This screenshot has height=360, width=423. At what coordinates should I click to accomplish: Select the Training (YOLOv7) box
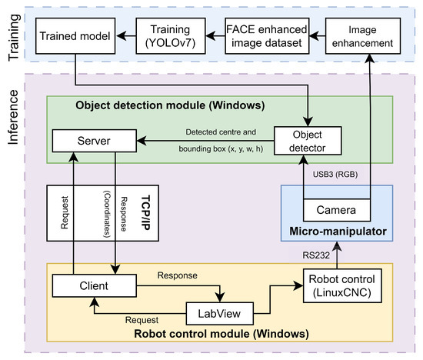pos(172,35)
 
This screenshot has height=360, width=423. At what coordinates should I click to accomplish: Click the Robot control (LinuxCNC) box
pos(340,285)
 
